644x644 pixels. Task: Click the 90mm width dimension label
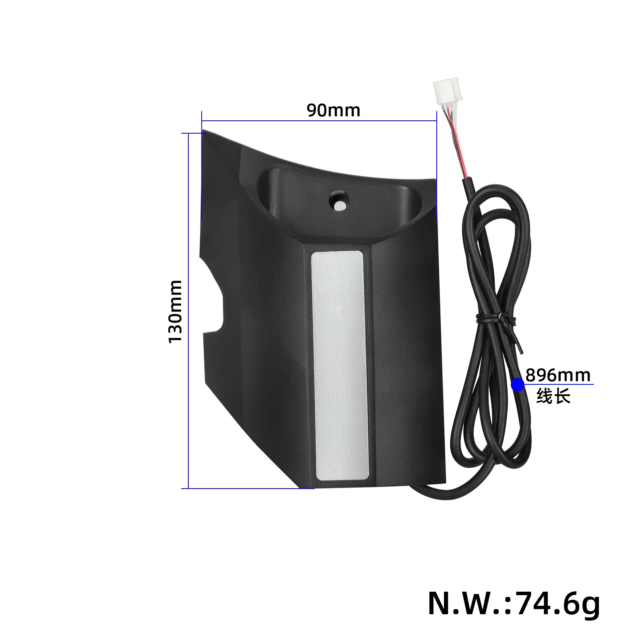pos(333,110)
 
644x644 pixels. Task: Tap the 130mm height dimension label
pos(175,311)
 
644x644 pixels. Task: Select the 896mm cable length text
pos(558,375)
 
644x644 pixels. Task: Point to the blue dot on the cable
pos(518,385)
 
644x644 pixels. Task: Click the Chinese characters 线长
pos(553,396)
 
